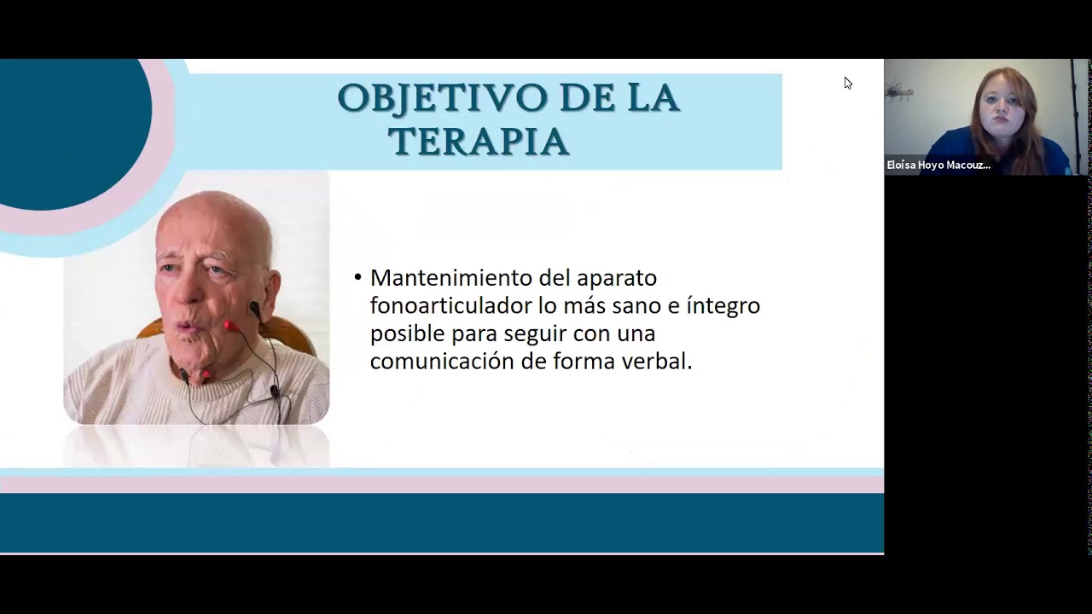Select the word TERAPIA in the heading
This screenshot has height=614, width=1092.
pyautogui.click(x=479, y=142)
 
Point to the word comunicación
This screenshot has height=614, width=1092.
pyautogui.click(x=442, y=361)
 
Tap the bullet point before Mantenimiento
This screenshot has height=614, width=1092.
pyautogui.click(x=357, y=278)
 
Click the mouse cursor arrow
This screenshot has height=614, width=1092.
pyautogui.click(x=847, y=82)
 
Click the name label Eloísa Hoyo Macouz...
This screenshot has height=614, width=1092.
pyautogui.click(x=938, y=165)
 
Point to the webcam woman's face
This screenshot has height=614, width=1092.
pyautogui.click(x=1004, y=108)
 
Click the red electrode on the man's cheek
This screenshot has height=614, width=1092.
pyautogui.click(x=228, y=325)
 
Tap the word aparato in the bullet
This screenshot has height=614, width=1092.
pyautogui.click(x=617, y=278)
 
